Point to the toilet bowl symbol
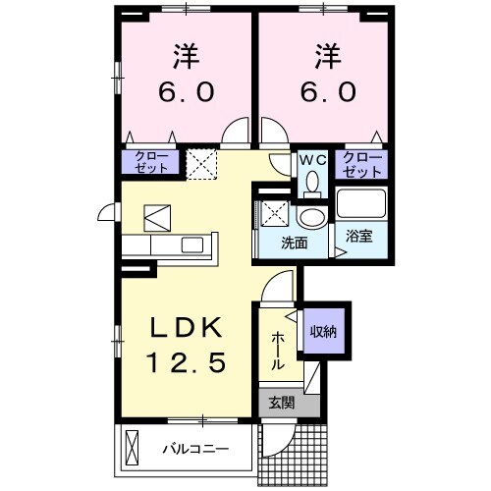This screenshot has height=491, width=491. (312, 184)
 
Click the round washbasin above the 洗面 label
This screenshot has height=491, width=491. (312, 217)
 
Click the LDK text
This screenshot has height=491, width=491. (187, 328)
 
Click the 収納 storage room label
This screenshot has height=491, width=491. (325, 332)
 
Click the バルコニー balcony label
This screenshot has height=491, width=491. (196, 451)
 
